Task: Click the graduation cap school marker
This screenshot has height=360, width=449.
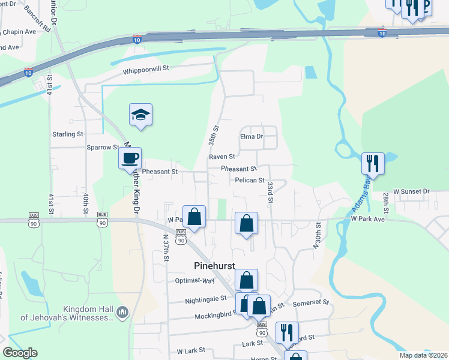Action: point(140,115)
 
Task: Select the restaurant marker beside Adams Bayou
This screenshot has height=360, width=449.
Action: point(373,163)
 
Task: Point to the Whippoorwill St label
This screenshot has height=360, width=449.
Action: point(146,70)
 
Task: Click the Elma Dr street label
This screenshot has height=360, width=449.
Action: point(252,136)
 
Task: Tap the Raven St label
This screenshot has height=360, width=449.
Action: point(221,157)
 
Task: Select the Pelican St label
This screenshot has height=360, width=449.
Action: point(250,180)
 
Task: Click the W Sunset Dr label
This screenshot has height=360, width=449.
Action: point(411,191)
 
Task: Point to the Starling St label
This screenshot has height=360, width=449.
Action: point(68,134)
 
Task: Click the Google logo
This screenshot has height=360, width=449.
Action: point(20,353)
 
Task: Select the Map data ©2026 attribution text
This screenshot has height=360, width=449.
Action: point(423,355)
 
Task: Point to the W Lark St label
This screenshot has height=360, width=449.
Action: point(191,350)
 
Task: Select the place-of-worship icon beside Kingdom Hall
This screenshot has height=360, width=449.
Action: point(122,312)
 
